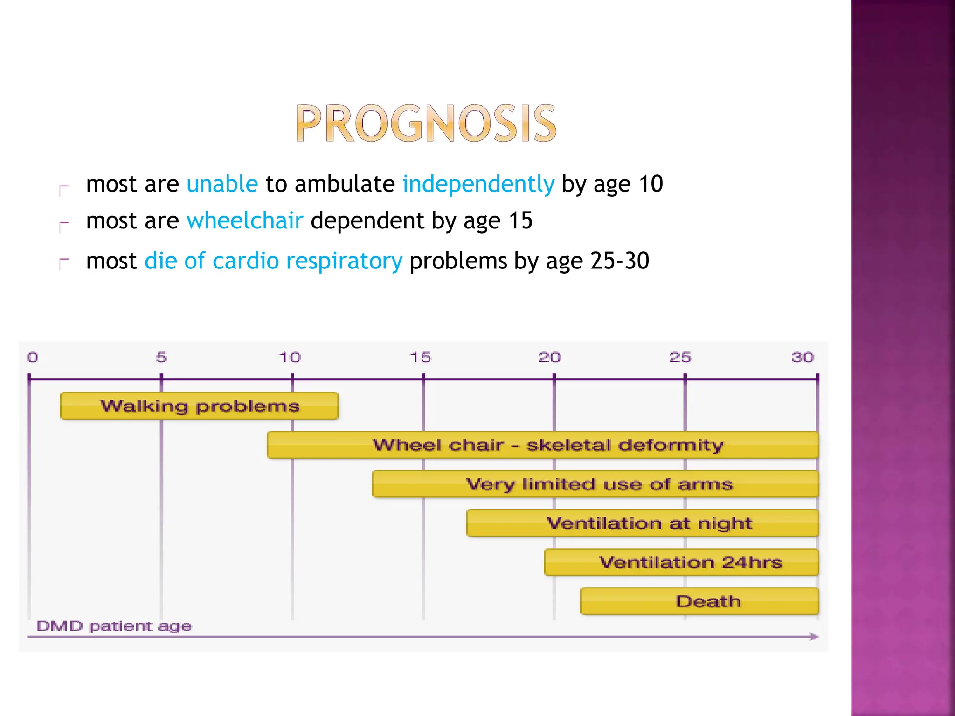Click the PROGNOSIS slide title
pyautogui.click(x=426, y=124)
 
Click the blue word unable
pyautogui.click(x=222, y=184)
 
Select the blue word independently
pyautogui.click(x=478, y=184)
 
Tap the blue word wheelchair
pyautogui.click(x=245, y=220)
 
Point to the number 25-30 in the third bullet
pyautogui.click(x=620, y=261)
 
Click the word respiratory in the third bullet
pyautogui.click(x=344, y=261)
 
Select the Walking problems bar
pyautogui.click(x=199, y=406)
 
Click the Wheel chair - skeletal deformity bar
pyautogui.click(x=543, y=445)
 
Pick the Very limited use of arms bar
pyautogui.click(x=595, y=484)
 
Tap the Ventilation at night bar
pyautogui.click(x=643, y=523)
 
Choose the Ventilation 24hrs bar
pyautogui.click(x=681, y=562)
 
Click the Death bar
pyautogui.click(x=699, y=601)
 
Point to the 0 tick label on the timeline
pyautogui.click(x=32, y=358)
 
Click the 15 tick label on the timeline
pyautogui.click(x=420, y=358)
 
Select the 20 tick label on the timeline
pyautogui.click(x=549, y=358)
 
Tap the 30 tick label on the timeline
pyautogui.click(x=803, y=358)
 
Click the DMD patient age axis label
pyautogui.click(x=114, y=626)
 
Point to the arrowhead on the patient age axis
pyautogui.click(x=814, y=637)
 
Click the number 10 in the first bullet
pyautogui.click(x=651, y=184)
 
